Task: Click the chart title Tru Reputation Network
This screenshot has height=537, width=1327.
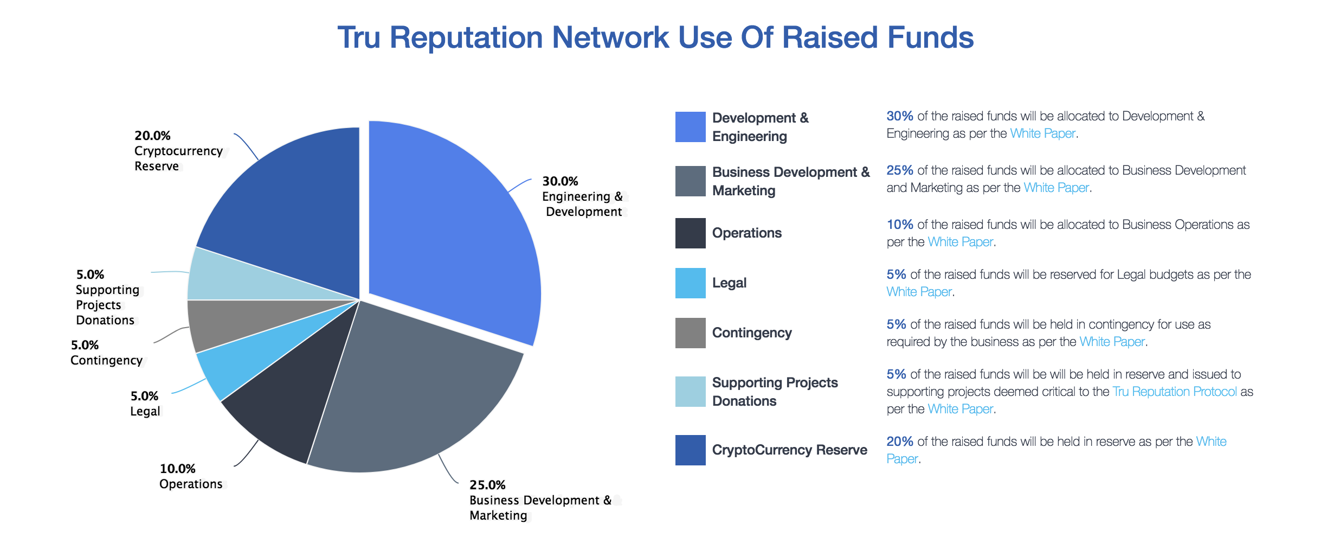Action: coord(655,38)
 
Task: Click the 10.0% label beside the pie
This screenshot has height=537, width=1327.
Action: coord(178,469)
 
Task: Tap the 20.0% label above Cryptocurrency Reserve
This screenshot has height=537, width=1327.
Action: coord(152,136)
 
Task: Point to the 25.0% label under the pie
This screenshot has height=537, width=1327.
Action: coord(487,485)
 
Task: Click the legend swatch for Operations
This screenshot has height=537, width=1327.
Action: coord(690,233)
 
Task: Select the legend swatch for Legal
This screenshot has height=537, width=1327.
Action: coord(690,283)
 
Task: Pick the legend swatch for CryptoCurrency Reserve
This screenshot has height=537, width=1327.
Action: coord(690,450)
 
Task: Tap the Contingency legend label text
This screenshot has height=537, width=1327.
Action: coord(752,333)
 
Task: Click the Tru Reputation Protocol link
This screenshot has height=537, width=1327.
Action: coord(1175,392)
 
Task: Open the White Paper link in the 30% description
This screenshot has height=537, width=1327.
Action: coord(1042,133)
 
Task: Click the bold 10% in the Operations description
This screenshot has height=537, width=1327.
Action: coord(900,225)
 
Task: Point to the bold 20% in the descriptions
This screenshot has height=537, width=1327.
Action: coord(900,442)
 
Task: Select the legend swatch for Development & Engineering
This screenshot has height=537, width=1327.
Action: coord(690,127)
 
